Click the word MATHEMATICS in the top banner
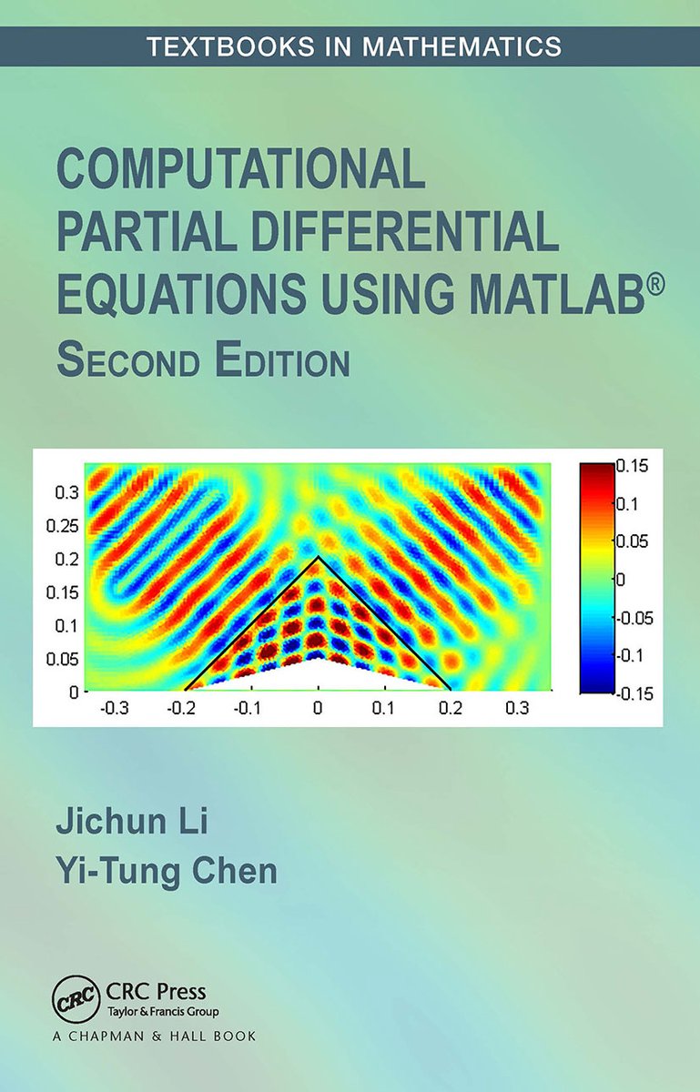(x=462, y=46)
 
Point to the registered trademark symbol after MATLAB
(x=655, y=285)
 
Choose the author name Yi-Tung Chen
(x=167, y=871)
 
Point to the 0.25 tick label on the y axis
(x=63, y=527)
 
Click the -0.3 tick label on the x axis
(x=114, y=708)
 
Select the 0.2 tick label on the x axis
(x=450, y=708)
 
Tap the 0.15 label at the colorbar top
(x=633, y=466)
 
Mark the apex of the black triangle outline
(x=318, y=556)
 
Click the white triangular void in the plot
(x=318, y=678)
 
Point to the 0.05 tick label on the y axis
(x=63, y=659)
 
